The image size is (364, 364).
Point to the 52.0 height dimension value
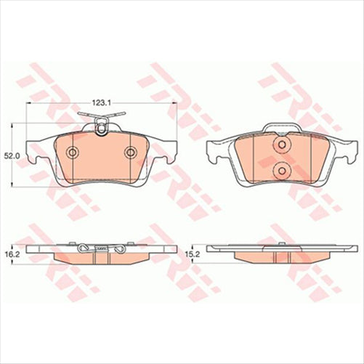pyautogui.click(x=10, y=155)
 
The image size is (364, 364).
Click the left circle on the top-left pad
pyautogui.click(x=72, y=152)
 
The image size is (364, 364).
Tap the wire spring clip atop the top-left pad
pyautogui.click(x=101, y=129)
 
